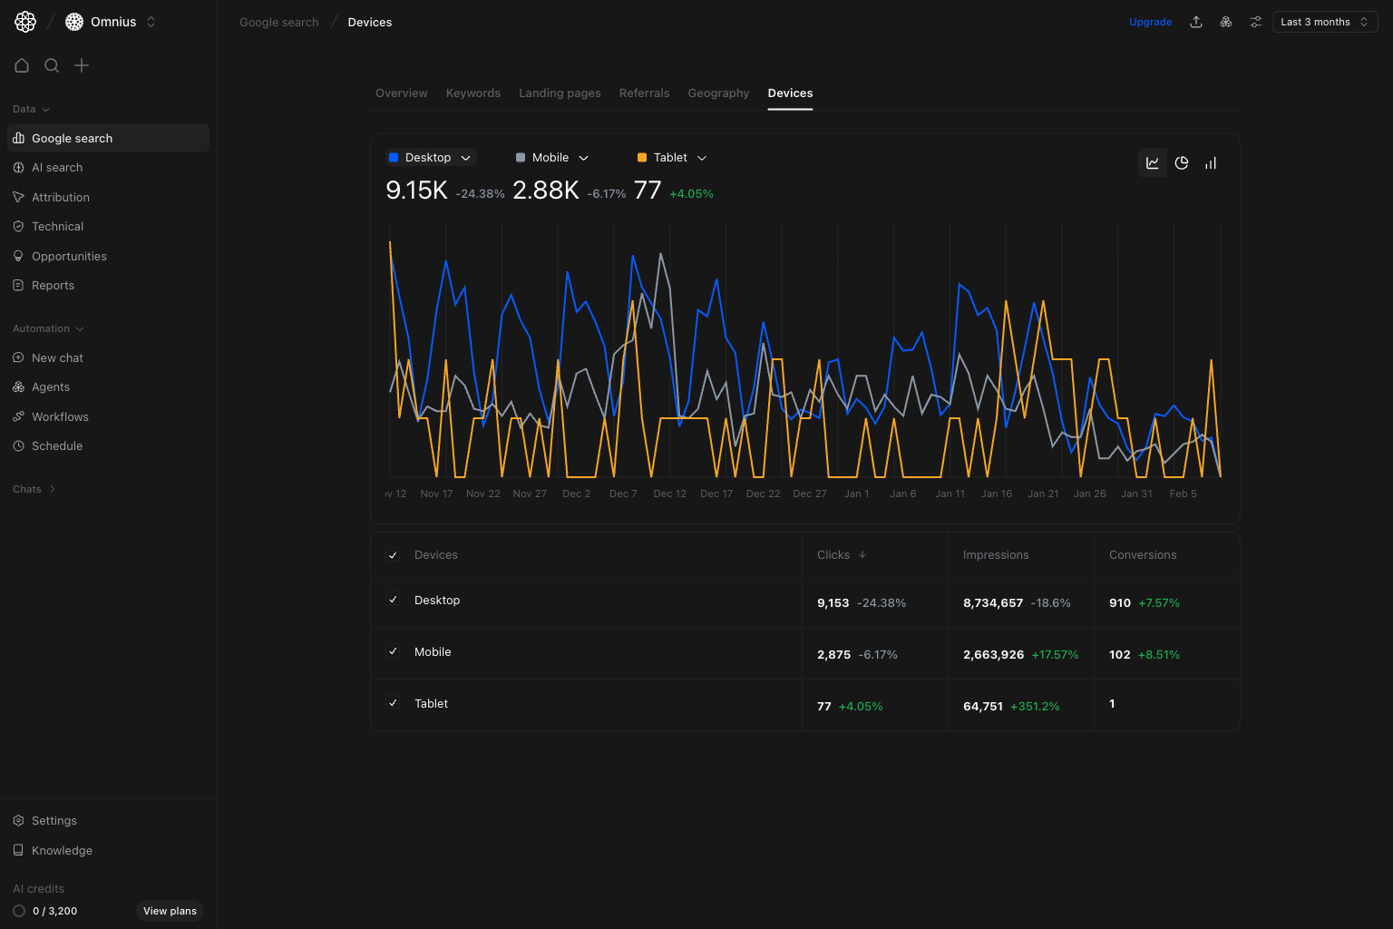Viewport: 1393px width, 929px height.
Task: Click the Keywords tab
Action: click(x=472, y=93)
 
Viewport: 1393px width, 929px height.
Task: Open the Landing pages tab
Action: click(x=560, y=93)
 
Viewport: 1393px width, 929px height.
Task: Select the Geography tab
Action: click(x=718, y=93)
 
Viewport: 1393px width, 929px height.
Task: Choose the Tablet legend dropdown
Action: click(x=672, y=158)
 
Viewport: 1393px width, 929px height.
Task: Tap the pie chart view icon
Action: click(x=1182, y=163)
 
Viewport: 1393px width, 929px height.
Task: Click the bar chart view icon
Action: click(x=1211, y=163)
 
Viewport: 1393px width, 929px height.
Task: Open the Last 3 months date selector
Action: click(x=1324, y=22)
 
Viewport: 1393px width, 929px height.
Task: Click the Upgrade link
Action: click(x=1150, y=22)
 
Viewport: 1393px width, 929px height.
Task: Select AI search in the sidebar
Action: click(x=57, y=168)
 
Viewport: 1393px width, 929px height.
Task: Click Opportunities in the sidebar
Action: click(x=69, y=257)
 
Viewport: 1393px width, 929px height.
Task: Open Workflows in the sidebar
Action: click(x=60, y=417)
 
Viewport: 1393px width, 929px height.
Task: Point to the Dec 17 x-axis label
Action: click(x=716, y=494)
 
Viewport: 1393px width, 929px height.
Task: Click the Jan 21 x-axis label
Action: click(x=1043, y=494)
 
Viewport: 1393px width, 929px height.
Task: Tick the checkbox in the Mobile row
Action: click(x=393, y=651)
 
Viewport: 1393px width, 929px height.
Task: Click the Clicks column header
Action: click(x=833, y=555)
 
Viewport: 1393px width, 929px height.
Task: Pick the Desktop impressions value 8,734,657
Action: click(x=993, y=603)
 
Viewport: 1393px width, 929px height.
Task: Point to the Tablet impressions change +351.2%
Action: click(x=1035, y=707)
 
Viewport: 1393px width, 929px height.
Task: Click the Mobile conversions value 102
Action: click(x=1120, y=655)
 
